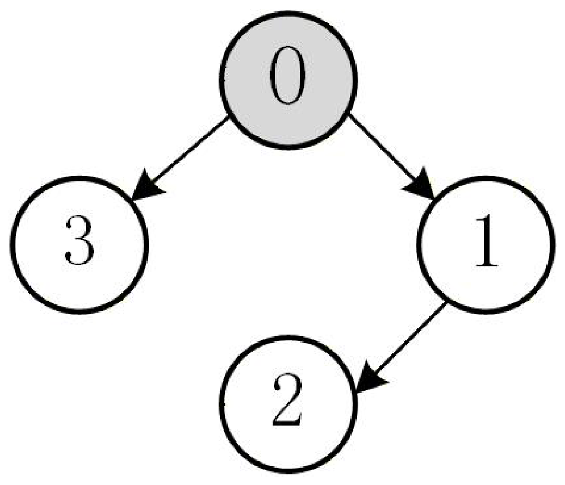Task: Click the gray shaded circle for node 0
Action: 288,80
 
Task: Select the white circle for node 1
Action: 485,245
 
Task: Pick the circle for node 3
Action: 79,245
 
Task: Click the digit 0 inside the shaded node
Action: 288,75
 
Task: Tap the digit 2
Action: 287,399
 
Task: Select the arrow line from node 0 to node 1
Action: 392,157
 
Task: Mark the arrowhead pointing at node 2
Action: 371,378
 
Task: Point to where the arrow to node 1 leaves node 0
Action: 349,115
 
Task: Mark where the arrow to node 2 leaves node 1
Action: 446,304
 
